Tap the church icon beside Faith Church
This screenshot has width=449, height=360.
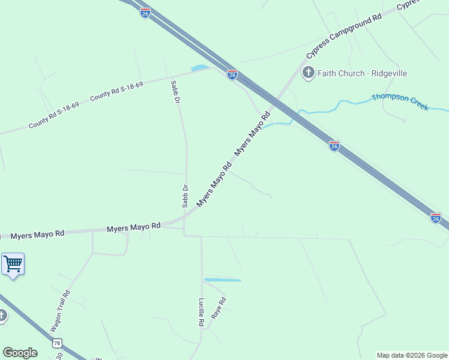tap(308, 73)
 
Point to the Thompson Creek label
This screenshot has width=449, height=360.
tap(400, 101)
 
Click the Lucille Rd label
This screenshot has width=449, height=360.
tap(202, 312)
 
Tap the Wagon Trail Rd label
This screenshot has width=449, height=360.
tap(61, 311)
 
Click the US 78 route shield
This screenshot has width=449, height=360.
tap(57, 343)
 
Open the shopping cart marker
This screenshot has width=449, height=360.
tap(13, 264)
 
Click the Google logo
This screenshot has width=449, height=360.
tap(20, 353)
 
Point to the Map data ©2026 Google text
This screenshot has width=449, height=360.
tap(412, 355)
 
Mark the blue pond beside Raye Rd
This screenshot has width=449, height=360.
tap(222, 280)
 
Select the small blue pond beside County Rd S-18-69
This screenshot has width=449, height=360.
tap(199, 68)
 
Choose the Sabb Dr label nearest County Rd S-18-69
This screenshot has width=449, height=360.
tap(176, 91)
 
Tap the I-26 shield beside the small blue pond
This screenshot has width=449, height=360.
tap(232, 74)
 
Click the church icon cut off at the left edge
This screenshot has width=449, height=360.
tap(2, 316)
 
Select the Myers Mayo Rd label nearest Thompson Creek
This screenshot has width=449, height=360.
tap(253, 134)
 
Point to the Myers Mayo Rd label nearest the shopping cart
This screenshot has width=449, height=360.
tap(37, 234)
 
